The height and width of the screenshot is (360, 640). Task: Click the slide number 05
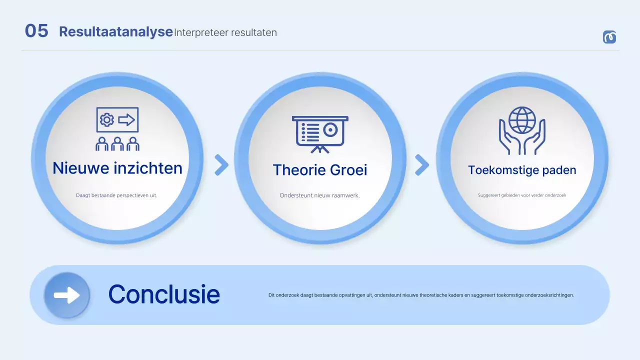(36, 30)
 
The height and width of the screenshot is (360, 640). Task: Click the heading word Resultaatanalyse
(115, 31)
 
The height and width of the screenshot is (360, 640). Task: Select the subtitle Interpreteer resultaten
(225, 32)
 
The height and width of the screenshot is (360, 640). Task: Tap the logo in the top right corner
(609, 37)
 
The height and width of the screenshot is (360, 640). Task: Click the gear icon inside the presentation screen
(107, 119)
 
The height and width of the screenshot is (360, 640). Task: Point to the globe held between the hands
(522, 120)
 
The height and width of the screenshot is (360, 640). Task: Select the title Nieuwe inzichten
(117, 168)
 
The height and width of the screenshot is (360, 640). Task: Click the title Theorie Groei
(320, 170)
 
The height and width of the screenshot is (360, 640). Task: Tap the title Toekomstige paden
(522, 170)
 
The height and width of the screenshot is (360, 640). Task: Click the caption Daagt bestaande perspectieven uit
(116, 195)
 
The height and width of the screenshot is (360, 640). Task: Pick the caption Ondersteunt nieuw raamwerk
(319, 195)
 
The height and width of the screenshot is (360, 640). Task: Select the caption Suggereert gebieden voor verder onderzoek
(522, 195)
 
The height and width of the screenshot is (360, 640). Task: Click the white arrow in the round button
(67, 295)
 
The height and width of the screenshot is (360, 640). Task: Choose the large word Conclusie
(164, 294)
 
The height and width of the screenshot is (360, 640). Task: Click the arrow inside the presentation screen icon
(126, 119)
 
